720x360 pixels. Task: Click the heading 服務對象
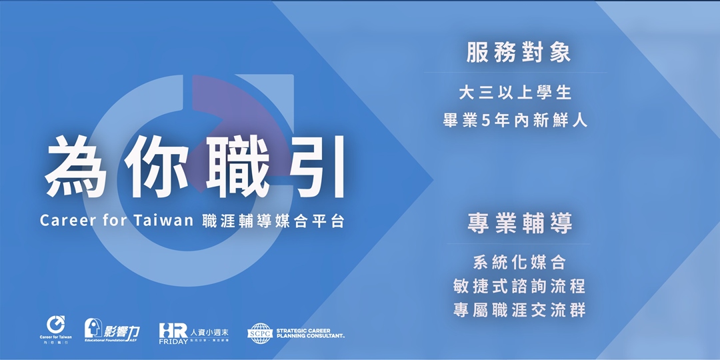[x=519, y=54]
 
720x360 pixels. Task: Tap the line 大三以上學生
[x=515, y=92]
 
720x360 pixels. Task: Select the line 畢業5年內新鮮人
[x=515, y=122]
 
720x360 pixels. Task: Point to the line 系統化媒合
[x=519, y=261]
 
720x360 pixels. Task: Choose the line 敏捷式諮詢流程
[x=519, y=286]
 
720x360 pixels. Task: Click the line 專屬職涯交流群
[x=519, y=311]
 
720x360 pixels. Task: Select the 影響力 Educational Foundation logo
[x=113, y=330]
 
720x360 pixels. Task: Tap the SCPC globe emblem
[x=259, y=333]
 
